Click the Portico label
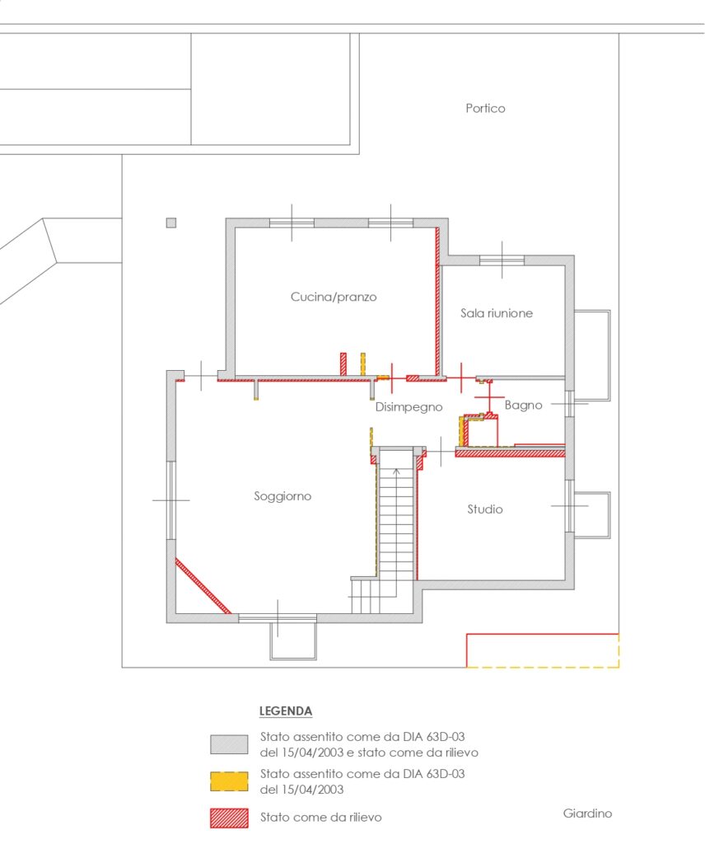pyautogui.click(x=485, y=108)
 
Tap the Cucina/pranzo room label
pyautogui.click(x=334, y=297)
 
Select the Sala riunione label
pyautogui.click(x=497, y=312)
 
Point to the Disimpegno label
pyautogui.click(x=409, y=407)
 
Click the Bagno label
pyautogui.click(x=523, y=406)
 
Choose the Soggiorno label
pyautogui.click(x=282, y=496)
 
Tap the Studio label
pyautogui.click(x=484, y=509)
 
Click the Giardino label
pyautogui.click(x=587, y=813)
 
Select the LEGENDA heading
pyautogui.click(x=286, y=711)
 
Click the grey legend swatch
pyautogui.click(x=229, y=744)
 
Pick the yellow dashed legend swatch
pyautogui.click(x=229, y=781)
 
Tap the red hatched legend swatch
pyautogui.click(x=229, y=818)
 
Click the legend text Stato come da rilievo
pyautogui.click(x=320, y=817)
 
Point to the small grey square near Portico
pyautogui.click(x=171, y=223)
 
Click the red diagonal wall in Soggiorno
pyautogui.click(x=203, y=586)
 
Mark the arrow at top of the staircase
pyautogui.click(x=396, y=473)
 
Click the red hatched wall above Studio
pyautogui.click(x=510, y=453)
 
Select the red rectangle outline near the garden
pyautogui.click(x=542, y=635)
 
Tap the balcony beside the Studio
pyautogui.click(x=592, y=514)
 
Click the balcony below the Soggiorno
pyautogui.click(x=293, y=641)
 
